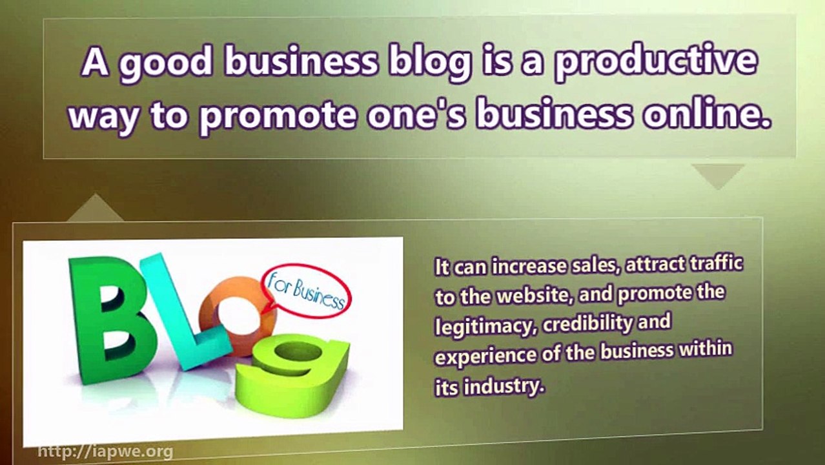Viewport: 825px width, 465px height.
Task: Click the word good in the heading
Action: (x=165, y=63)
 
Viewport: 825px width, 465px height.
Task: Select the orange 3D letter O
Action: (x=236, y=316)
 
